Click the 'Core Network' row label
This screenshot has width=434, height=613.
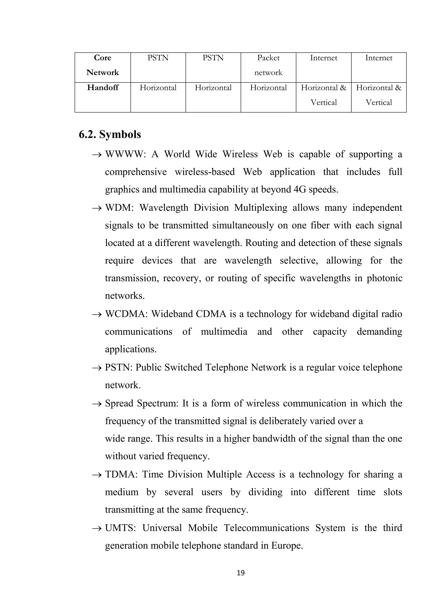pos(103,65)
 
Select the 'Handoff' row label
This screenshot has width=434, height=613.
pos(103,88)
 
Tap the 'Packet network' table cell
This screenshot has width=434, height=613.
pos(268,65)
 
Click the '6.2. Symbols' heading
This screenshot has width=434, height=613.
pos(110,134)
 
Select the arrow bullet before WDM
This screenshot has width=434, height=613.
pos(97,208)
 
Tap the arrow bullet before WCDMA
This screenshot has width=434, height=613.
pos(97,315)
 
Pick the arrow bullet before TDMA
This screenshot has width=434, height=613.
pos(97,475)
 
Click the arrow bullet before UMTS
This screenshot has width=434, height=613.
pos(97,528)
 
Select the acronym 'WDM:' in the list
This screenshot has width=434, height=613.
pos(119,208)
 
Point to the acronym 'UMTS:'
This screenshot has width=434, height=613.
pos(120,528)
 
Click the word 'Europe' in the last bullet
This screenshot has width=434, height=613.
pos(287,545)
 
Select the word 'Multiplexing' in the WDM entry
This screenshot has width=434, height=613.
pos(261,208)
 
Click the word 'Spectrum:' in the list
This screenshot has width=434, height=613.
pos(157,403)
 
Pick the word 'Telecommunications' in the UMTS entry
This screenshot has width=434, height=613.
pos(266,528)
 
